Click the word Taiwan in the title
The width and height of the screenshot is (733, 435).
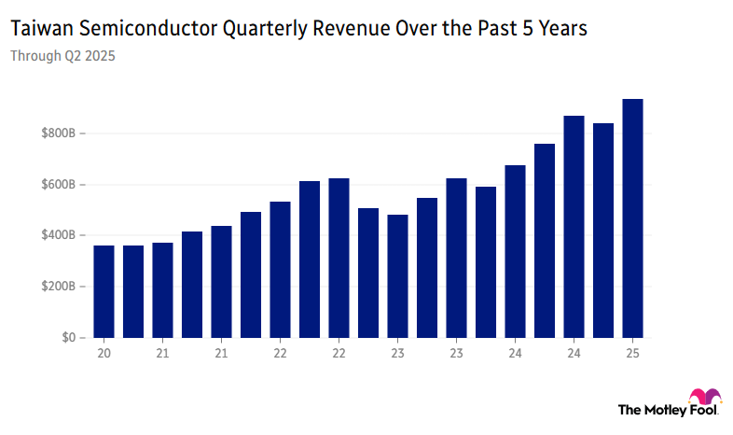tap(40, 29)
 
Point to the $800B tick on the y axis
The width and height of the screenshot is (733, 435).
tap(59, 133)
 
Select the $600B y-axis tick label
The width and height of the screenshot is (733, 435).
tap(59, 185)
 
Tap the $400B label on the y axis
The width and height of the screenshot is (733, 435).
tap(59, 235)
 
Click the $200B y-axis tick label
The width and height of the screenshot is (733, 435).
tap(59, 287)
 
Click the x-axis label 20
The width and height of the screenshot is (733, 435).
tap(104, 354)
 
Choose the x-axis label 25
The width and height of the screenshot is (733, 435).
tap(632, 354)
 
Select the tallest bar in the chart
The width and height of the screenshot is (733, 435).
tap(632, 218)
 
